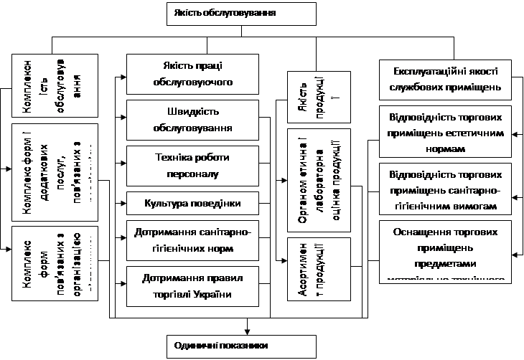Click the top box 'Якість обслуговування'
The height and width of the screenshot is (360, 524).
point(241,14)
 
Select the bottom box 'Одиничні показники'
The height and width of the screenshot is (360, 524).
point(241,346)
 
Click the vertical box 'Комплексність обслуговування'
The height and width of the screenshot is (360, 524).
point(55,85)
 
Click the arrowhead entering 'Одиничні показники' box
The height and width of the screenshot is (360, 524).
point(246,331)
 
